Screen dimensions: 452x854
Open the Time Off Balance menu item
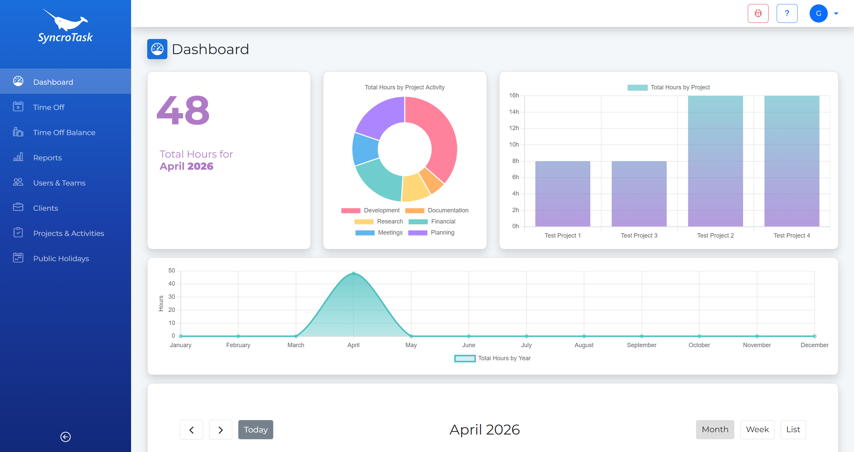pos(64,132)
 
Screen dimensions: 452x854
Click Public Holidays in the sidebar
pos(61,258)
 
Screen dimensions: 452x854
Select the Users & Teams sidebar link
pos(59,183)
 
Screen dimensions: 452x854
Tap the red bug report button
pos(758,13)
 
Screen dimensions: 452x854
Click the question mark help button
pos(787,13)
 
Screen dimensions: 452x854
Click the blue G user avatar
pos(818,13)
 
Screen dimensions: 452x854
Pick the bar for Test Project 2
pos(715,161)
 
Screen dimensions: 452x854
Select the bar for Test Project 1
pos(563,194)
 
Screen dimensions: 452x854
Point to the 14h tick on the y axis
pos(514,112)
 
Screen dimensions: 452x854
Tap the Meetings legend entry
pos(379,233)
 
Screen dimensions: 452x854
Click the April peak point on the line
pos(354,274)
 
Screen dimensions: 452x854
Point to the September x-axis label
pos(641,345)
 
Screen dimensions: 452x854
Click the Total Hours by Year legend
pos(493,358)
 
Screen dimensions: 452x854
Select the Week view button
pos(757,429)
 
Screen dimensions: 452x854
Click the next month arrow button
pos(220,429)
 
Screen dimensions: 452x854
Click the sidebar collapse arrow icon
pos(66,437)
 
